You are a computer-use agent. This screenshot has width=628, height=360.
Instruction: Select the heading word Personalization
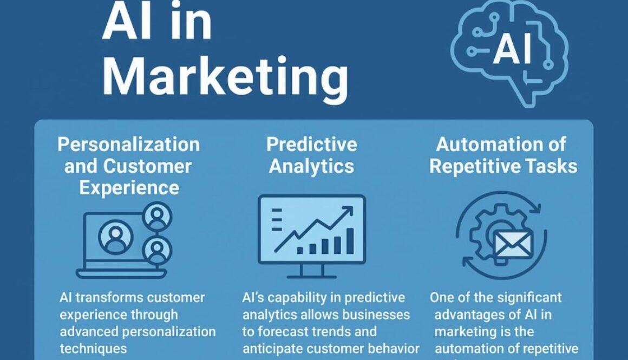(x=128, y=145)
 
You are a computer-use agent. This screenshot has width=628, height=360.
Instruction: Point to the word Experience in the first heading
(x=129, y=187)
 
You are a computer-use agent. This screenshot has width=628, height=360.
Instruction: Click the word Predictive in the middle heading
(x=311, y=145)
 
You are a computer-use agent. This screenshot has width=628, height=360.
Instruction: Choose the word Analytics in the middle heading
(x=311, y=166)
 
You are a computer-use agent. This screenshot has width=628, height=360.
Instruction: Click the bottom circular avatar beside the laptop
(x=157, y=250)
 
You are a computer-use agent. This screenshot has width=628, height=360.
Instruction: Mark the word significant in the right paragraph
(x=528, y=297)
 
